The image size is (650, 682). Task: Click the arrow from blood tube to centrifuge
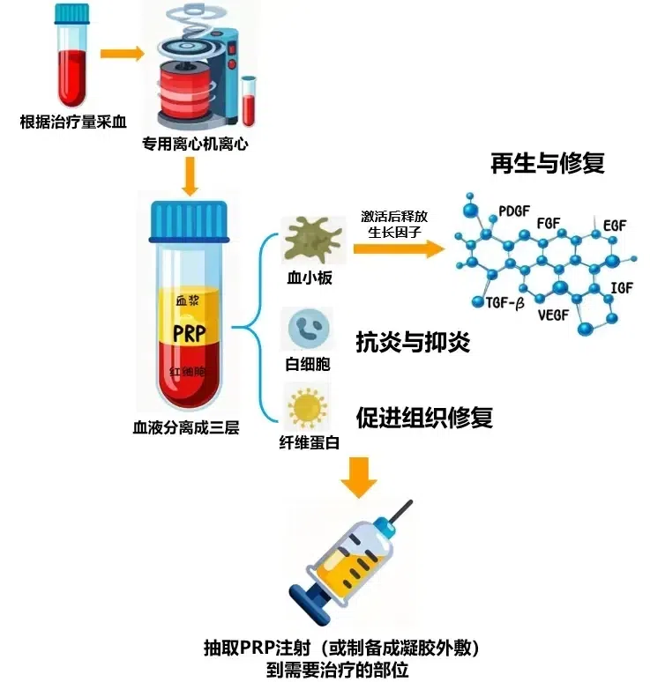point(122,54)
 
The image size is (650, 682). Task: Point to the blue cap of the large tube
point(190,221)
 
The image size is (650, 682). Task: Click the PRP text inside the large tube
point(189,334)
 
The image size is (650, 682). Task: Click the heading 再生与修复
point(548,164)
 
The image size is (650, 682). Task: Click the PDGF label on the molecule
point(515,211)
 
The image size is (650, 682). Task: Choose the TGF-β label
point(504,302)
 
